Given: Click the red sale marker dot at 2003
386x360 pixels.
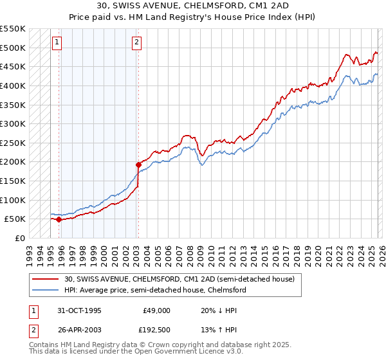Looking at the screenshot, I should pyautogui.click(x=138, y=165).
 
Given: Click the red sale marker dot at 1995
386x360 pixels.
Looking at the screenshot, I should pyautogui.click(x=59, y=219).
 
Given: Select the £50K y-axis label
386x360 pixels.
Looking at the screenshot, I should pyautogui.click(x=15, y=219).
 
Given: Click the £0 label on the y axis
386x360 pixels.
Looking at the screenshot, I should pyautogui.click(x=21, y=238).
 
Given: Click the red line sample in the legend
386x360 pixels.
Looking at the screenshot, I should pyautogui.click(x=46, y=279).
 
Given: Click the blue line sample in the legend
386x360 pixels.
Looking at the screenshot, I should pyautogui.click(x=46, y=290).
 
